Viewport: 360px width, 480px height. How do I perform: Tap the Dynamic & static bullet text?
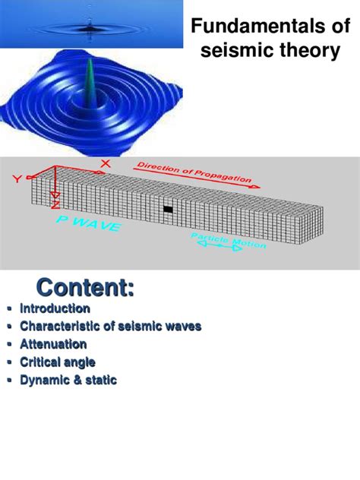point(68,380)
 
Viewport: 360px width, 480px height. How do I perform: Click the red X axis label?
point(105,163)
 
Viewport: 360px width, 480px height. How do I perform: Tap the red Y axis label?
point(17,179)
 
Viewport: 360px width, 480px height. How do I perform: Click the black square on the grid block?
point(169,208)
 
